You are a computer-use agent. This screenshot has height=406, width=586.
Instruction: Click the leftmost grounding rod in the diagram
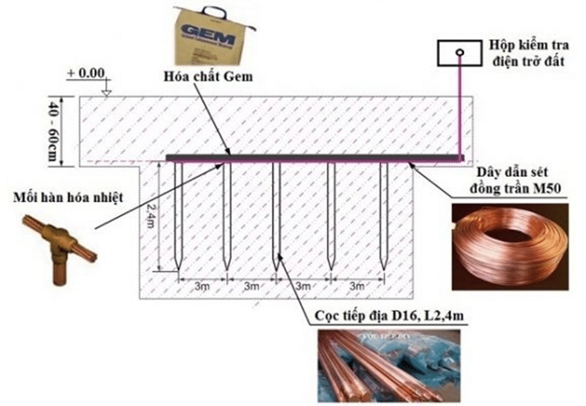(178, 214)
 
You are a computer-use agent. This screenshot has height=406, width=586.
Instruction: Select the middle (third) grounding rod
(276, 214)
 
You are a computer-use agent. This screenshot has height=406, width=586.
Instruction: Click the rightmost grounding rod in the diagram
(383, 214)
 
